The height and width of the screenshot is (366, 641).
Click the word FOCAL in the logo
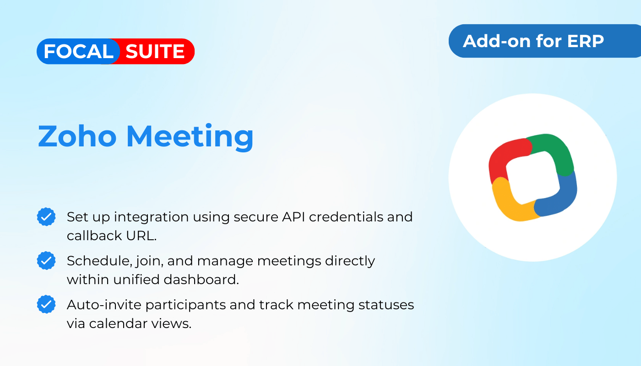[x=78, y=51]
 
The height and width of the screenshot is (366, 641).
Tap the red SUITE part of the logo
[x=155, y=51]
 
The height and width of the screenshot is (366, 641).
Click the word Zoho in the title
[x=77, y=136]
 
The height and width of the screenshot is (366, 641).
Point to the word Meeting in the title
[x=190, y=137]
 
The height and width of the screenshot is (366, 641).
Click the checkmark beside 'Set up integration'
[x=46, y=217]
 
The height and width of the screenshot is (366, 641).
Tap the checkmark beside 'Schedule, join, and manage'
[x=46, y=260]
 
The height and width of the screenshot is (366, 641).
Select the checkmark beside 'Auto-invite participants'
[x=46, y=304]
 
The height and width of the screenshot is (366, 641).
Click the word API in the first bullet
[x=293, y=217]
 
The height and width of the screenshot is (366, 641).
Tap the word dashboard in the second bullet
[x=201, y=280]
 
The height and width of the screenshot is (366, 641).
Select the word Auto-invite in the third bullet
[x=104, y=305]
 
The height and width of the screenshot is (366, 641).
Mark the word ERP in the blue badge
[x=586, y=41]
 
